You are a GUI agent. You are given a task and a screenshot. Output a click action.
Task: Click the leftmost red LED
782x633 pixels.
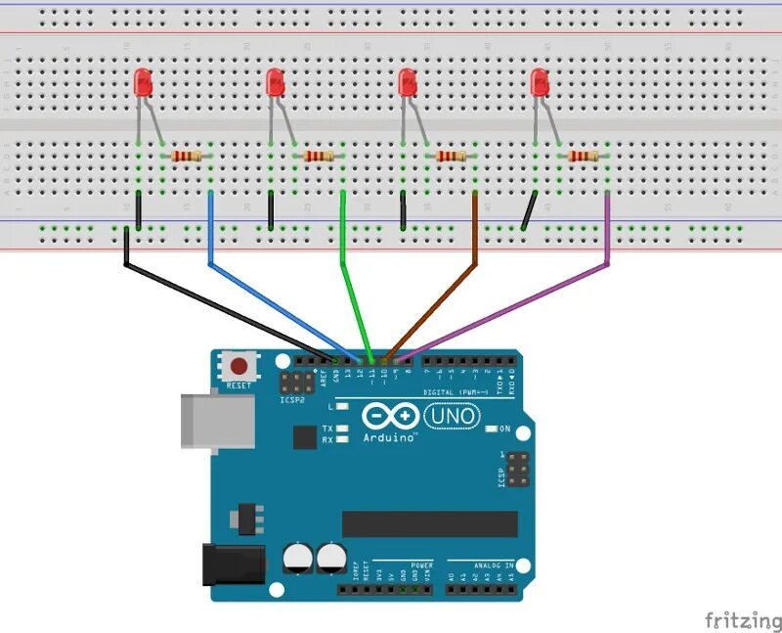pyautogui.click(x=144, y=83)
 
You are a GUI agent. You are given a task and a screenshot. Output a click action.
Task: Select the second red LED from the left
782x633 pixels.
pyautogui.click(x=276, y=83)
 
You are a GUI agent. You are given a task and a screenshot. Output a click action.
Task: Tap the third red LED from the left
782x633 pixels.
pyautogui.click(x=408, y=83)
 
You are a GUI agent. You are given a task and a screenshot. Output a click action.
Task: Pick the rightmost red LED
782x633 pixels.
pyautogui.click(x=540, y=83)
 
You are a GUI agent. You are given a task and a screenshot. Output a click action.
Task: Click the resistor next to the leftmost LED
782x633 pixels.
pyautogui.click(x=187, y=156)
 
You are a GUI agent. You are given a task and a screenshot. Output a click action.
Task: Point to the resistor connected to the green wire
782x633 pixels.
pyautogui.click(x=319, y=156)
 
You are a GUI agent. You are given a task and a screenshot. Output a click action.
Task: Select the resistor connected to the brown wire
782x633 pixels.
pyautogui.click(x=451, y=156)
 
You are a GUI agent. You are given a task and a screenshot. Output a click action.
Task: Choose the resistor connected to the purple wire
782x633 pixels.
pyautogui.click(x=584, y=156)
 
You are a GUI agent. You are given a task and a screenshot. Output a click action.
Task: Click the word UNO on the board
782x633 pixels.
pyautogui.click(x=455, y=416)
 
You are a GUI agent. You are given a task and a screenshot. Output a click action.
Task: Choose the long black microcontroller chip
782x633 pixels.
pyautogui.click(x=429, y=524)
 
